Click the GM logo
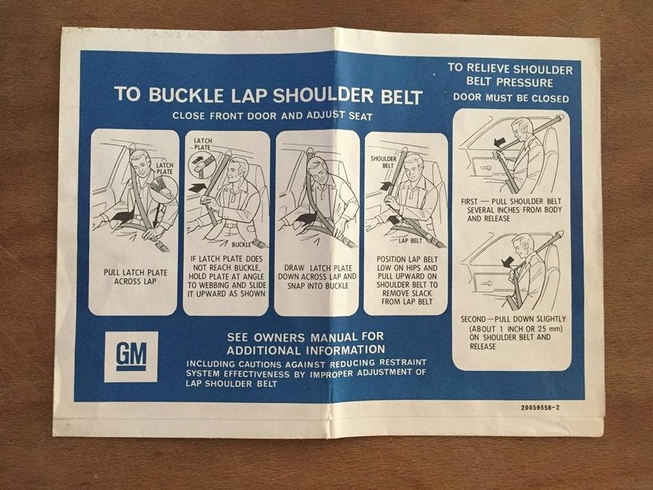point(131,356)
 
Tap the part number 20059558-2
point(540,407)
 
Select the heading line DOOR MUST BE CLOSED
point(511,98)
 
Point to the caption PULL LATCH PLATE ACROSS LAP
point(136,277)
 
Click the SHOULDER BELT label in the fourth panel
point(384,162)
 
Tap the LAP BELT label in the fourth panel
point(410,241)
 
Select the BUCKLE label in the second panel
point(241,244)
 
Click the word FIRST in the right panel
point(469,202)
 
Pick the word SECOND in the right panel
point(473,319)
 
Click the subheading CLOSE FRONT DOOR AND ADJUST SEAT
point(272,115)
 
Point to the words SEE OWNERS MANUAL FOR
point(305,337)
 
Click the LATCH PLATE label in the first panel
point(165,168)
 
